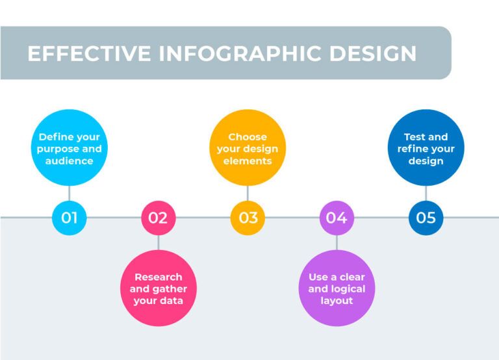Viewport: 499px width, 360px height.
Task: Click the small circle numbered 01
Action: pos(70,218)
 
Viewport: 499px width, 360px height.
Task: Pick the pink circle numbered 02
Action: pos(159,218)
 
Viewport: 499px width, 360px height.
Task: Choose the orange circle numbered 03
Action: pos(248,218)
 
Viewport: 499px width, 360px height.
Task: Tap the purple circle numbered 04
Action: pos(337,218)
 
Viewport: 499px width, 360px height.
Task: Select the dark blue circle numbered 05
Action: pos(426,218)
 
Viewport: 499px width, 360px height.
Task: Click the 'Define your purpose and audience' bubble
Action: pos(70,148)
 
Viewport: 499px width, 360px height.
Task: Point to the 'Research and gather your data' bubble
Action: pos(159,289)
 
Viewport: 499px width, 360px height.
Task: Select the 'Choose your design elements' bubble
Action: pos(248,148)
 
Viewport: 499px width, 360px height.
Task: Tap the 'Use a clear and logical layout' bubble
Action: pos(337,289)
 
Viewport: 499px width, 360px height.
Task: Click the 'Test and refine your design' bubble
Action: pos(426,148)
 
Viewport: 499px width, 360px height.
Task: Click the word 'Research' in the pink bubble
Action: pos(159,277)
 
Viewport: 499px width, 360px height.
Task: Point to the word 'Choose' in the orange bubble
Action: pos(248,137)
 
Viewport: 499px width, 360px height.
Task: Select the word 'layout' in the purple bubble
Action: pos(337,301)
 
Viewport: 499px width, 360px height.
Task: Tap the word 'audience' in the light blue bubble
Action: pos(70,161)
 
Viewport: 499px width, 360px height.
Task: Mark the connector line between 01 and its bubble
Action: pos(70,193)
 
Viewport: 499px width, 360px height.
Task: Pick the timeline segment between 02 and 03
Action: pos(203,218)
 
